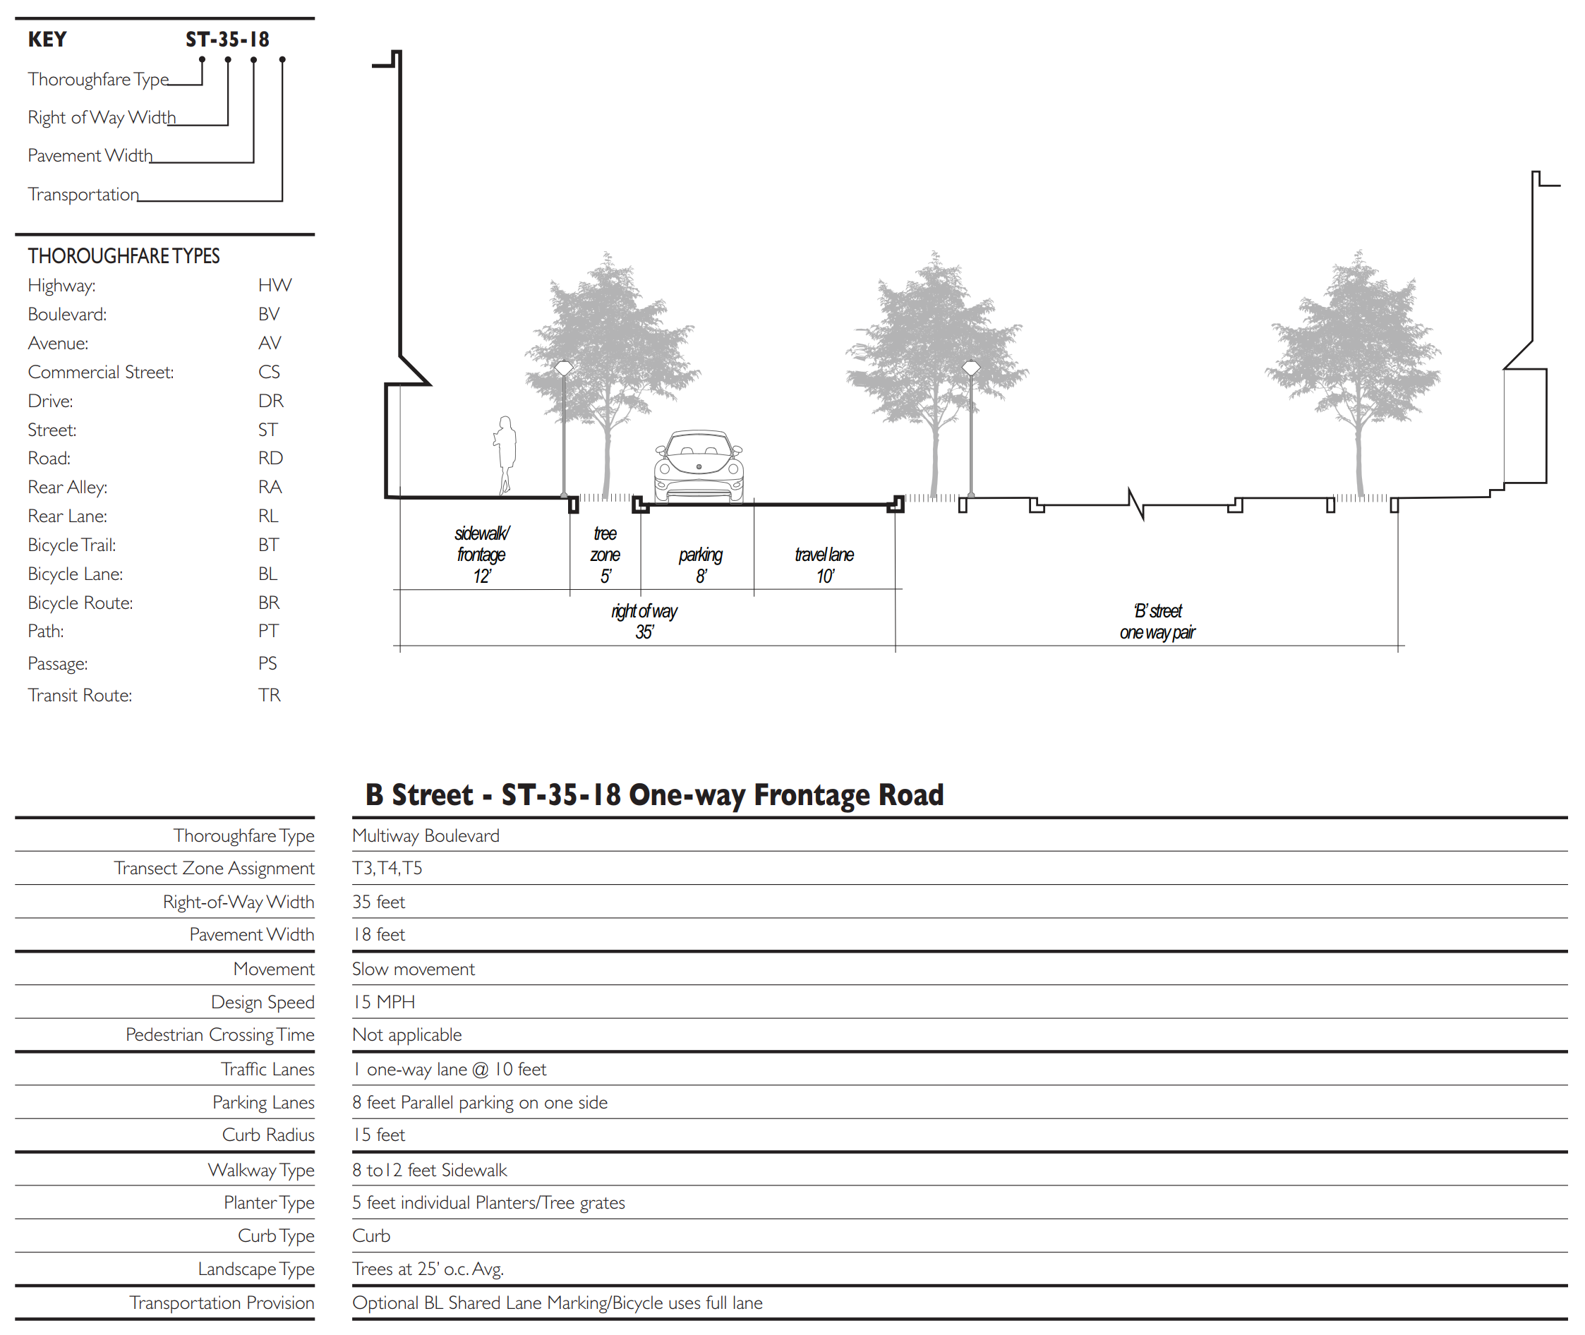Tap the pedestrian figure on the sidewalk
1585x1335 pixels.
505,455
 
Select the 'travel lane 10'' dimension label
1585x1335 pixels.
824,564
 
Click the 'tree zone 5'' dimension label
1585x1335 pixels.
605,555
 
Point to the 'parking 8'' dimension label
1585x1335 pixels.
700,564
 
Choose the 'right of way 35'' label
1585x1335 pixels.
644,622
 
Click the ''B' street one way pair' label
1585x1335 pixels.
1157,622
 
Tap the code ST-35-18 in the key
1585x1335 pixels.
227,40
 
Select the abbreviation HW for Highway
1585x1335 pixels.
274,285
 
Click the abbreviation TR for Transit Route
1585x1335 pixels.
270,696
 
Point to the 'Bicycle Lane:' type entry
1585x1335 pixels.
75,574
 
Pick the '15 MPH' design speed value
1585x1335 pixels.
384,1002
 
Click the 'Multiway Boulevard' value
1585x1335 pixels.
426,835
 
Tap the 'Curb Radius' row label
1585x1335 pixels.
268,1135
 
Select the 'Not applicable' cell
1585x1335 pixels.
407,1034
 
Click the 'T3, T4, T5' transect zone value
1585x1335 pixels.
387,868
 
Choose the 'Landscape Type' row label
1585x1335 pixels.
256,1269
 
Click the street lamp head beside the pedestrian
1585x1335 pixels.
564,368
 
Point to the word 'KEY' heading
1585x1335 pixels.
47,40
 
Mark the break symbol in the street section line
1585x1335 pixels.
1135,503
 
